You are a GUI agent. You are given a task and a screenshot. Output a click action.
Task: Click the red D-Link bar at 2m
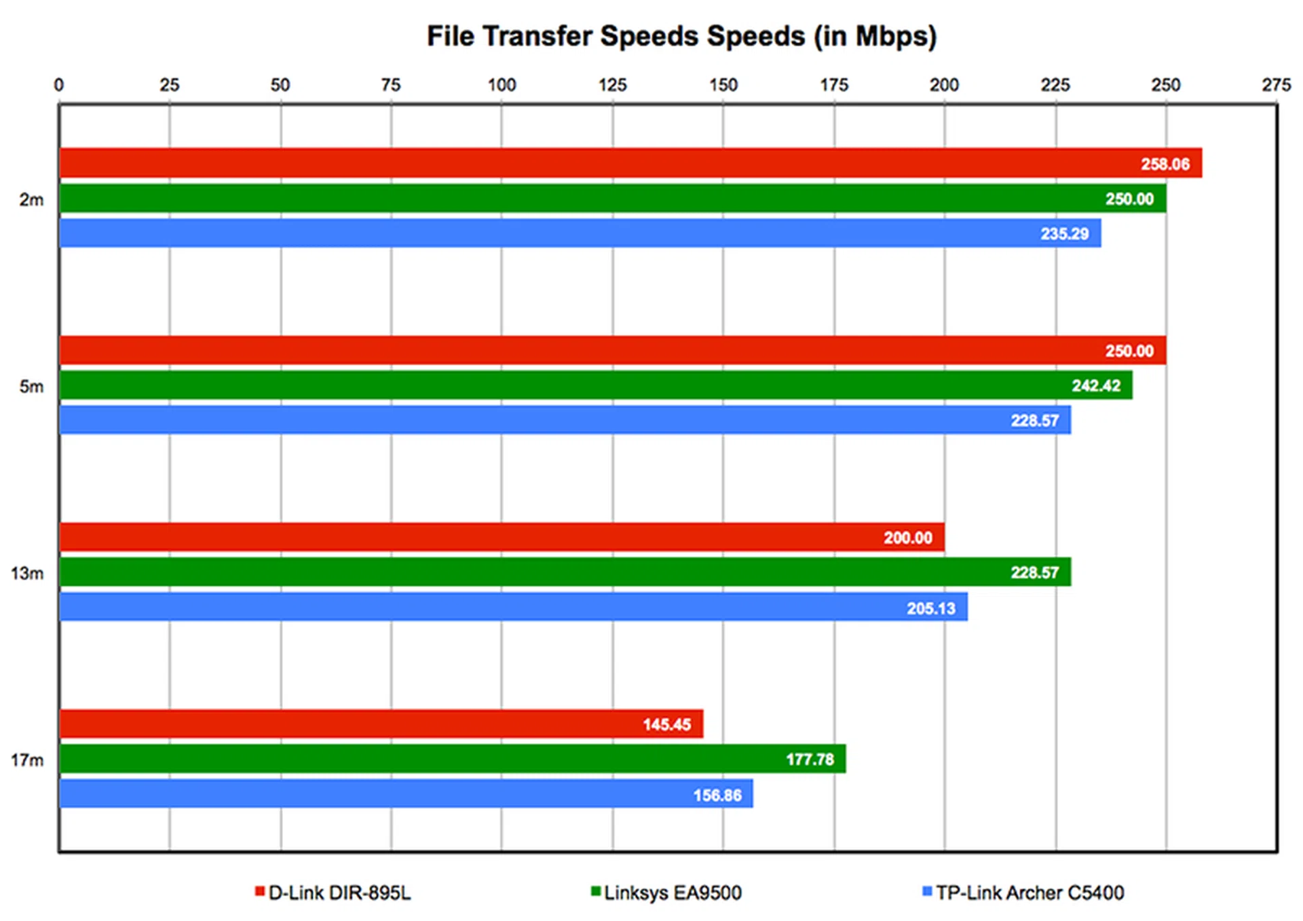point(611,163)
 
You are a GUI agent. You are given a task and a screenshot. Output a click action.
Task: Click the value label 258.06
point(1165,164)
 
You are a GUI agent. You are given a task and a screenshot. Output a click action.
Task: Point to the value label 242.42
point(1095,386)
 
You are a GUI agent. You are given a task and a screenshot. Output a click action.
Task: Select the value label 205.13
point(930,608)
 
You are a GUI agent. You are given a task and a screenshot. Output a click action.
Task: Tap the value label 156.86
point(717,795)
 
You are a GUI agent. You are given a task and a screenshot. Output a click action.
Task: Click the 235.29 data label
point(1064,234)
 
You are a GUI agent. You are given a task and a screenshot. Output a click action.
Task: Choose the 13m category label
point(27,574)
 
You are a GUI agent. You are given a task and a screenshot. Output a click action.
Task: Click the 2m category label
point(31,200)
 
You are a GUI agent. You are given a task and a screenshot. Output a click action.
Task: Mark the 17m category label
point(27,760)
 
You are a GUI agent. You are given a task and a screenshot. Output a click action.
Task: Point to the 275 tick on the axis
point(1276,85)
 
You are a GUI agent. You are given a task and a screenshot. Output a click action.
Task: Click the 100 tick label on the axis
point(502,85)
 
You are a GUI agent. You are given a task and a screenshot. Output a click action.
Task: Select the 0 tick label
point(59,85)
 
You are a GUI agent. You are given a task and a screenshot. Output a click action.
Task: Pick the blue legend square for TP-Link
point(927,891)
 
